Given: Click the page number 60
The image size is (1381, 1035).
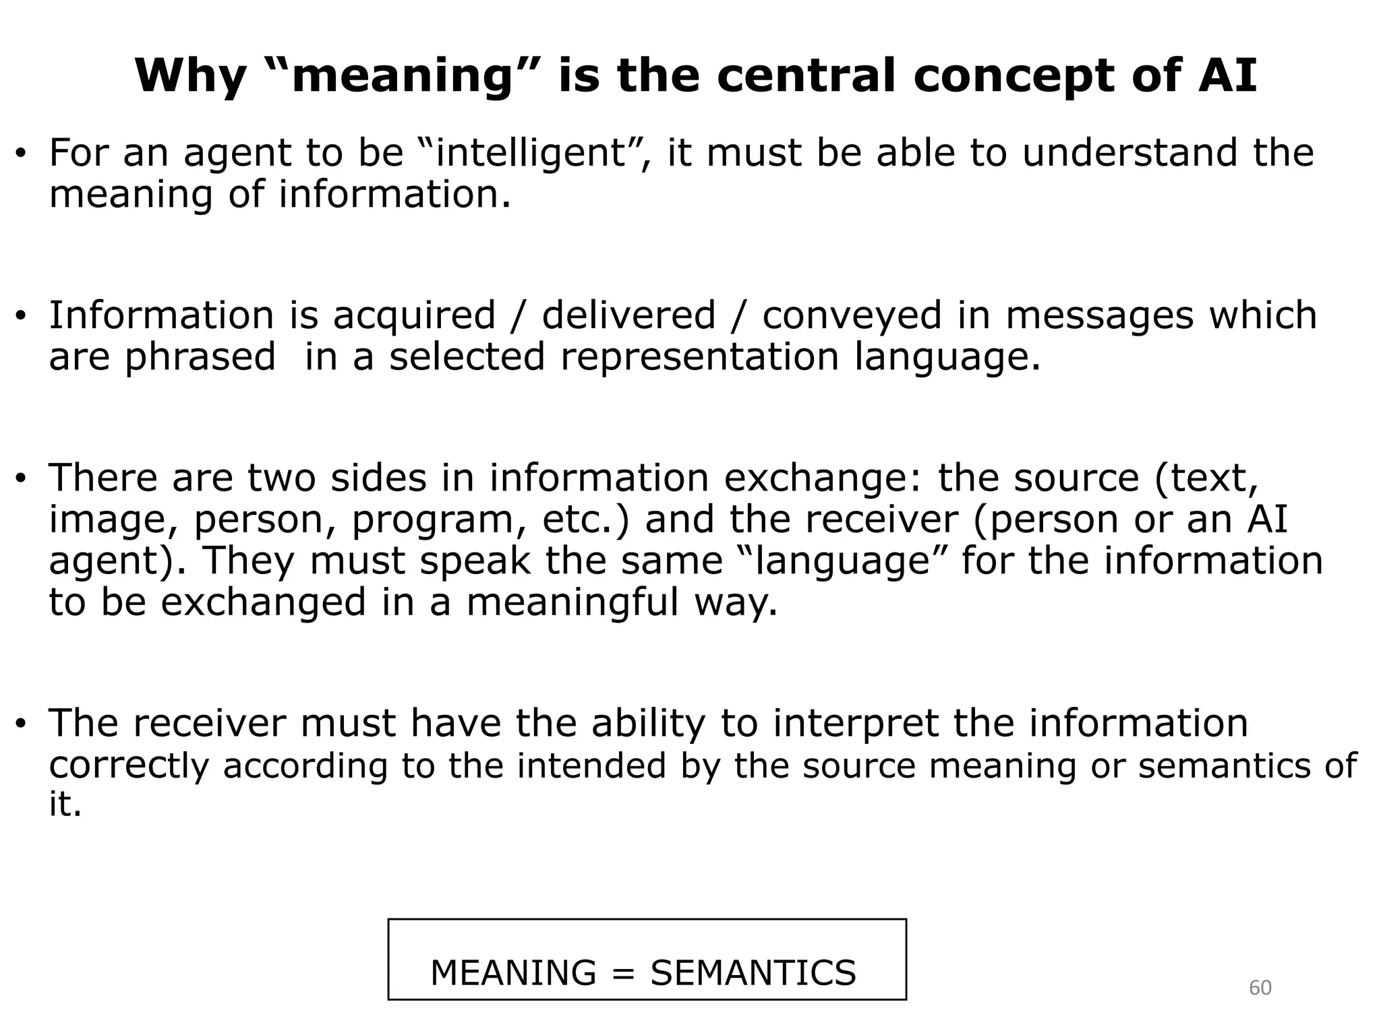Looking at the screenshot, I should point(1260,988).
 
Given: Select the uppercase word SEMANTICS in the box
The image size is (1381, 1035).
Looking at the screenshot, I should point(753,973).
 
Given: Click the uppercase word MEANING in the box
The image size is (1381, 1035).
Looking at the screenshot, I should point(513,973).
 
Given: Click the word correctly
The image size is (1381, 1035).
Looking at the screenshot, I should point(129,765).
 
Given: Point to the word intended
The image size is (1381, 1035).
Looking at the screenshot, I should point(591,765).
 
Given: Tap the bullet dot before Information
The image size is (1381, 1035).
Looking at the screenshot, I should point(21,317).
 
